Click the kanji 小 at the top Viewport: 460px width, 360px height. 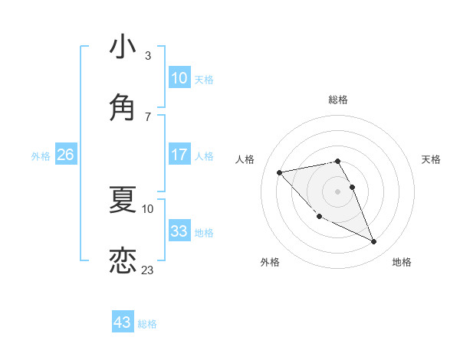123,47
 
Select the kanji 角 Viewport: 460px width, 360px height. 123,106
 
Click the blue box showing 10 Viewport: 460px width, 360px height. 179,78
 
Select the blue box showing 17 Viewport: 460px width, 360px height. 179,155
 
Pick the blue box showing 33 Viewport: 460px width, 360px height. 179,231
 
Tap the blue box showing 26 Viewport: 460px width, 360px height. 65,155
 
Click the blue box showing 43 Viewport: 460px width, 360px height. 123,322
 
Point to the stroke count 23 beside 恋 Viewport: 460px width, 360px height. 148,270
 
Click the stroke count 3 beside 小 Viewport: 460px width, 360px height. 148,56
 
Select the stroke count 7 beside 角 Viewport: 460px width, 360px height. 148,116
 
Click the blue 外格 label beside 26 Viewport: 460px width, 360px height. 41,155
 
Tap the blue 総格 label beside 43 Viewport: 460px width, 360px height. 147,324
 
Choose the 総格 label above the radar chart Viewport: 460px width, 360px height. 338,100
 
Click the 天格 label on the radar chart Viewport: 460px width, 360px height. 432,159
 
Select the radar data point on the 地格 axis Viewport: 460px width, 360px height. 374,242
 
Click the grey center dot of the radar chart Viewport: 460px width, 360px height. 338,191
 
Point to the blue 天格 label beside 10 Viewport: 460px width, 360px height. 204,80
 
